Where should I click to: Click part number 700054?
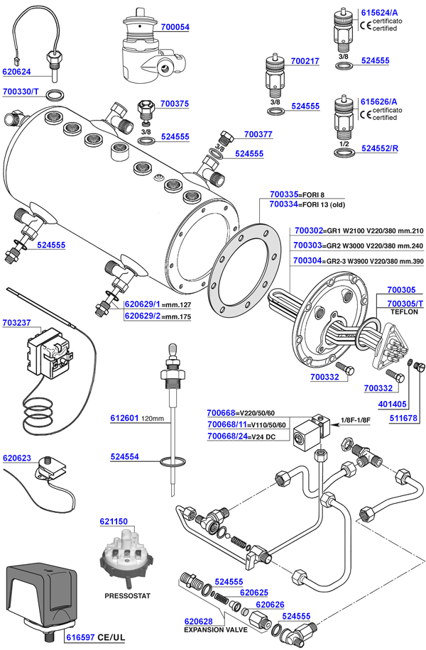pyautogui.click(x=175, y=27)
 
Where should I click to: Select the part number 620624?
pyautogui.click(x=17, y=72)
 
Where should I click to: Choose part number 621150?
pyautogui.click(x=114, y=522)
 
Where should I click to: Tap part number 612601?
pyautogui.click(x=124, y=418)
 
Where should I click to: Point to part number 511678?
pyautogui.click(x=401, y=419)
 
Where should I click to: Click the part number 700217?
pyautogui.click(x=305, y=62)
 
